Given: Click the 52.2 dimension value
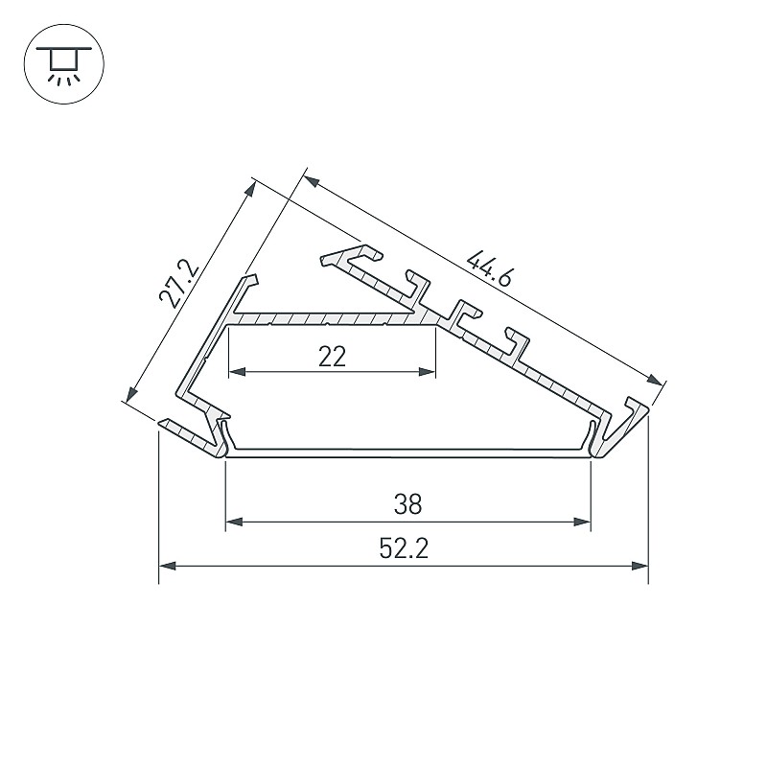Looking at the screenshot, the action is pyautogui.click(x=404, y=548).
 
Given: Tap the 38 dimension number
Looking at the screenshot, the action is pyautogui.click(x=407, y=504).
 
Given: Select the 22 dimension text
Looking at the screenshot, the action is pyautogui.click(x=332, y=356).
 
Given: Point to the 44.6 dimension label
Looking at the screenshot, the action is pyautogui.click(x=489, y=268).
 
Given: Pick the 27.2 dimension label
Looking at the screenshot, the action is pyautogui.click(x=179, y=286).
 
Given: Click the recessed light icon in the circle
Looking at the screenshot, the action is pyautogui.click(x=63, y=64).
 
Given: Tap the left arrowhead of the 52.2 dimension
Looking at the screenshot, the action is pyautogui.click(x=167, y=566).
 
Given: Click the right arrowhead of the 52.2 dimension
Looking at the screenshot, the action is pyautogui.click(x=639, y=566).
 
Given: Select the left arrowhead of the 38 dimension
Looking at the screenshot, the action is pyautogui.click(x=234, y=522).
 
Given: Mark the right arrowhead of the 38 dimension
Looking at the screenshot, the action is pyautogui.click(x=583, y=522).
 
